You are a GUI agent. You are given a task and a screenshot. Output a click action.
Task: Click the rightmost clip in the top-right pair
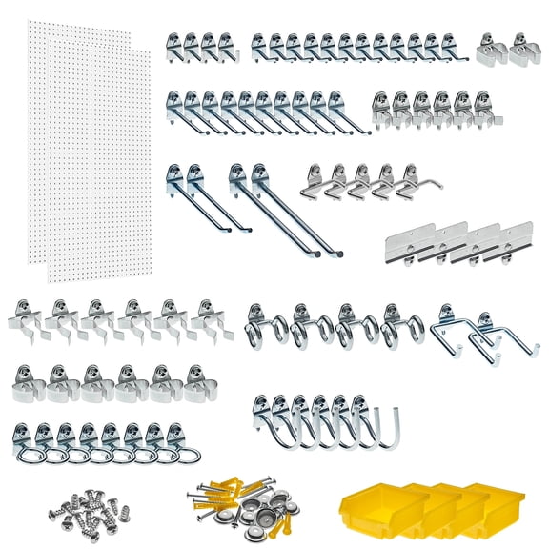523,49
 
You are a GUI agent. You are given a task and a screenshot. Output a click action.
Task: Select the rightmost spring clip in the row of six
208,320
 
